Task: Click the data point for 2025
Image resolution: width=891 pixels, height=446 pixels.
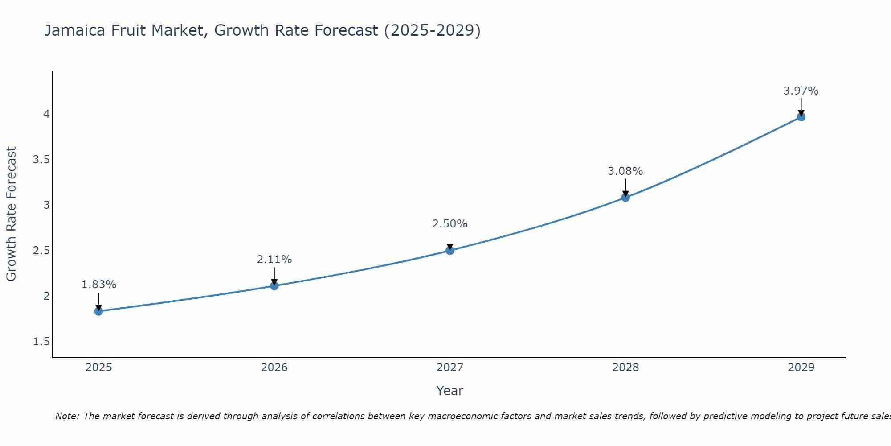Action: pos(99,311)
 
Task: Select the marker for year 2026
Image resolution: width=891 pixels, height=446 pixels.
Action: pos(274,286)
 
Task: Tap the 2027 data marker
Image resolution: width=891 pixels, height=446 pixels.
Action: pos(450,251)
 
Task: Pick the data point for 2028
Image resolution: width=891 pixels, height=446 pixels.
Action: pos(625,198)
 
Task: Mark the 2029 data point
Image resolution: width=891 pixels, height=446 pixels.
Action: pos(801,117)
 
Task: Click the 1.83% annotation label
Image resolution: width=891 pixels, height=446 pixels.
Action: pos(99,285)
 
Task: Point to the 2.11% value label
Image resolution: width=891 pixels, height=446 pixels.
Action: pos(274,260)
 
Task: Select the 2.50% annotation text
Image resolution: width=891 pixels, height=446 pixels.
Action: pos(450,224)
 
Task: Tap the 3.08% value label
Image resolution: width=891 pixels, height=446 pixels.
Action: pos(625,171)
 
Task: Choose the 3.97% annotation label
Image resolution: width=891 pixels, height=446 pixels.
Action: pos(801,91)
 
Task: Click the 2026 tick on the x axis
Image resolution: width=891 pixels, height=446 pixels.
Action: pos(274,368)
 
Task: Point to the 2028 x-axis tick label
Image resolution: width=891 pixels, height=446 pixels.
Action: pos(625,368)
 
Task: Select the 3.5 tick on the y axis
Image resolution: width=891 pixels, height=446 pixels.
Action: pos(41,160)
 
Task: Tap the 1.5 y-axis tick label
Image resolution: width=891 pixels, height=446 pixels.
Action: pos(41,342)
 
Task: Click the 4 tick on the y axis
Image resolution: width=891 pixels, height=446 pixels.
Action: pos(46,114)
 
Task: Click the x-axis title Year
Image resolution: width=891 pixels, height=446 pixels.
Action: pos(450,391)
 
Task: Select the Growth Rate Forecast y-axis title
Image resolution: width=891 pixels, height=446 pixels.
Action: pos(12,214)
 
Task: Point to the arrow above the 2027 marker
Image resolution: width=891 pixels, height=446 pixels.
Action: pos(450,241)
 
